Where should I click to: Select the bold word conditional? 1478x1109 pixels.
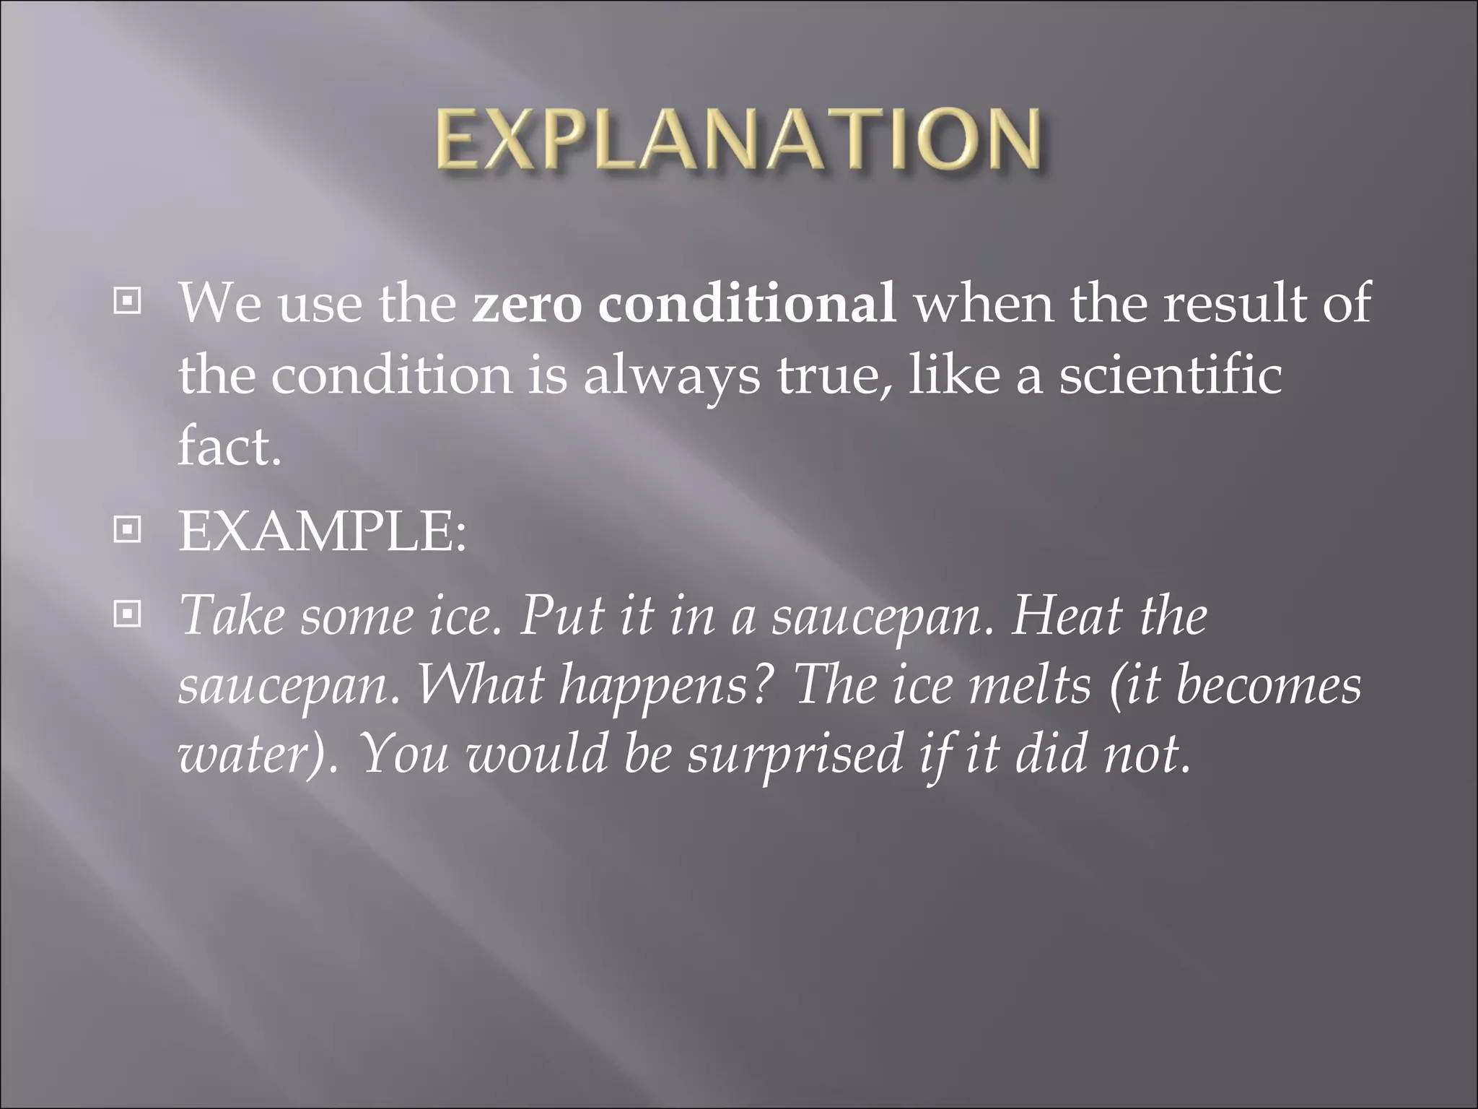point(748,303)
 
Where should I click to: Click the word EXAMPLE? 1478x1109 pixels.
point(323,532)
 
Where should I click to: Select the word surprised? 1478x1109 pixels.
point(795,753)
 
